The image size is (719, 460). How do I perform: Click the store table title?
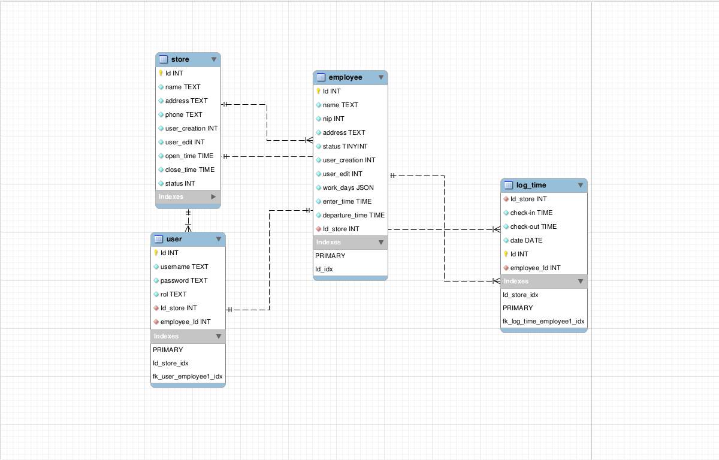tap(180, 59)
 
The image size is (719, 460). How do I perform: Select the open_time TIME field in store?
tap(189, 156)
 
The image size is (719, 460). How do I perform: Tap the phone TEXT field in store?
tap(183, 114)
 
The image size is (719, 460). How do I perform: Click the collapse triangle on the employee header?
tap(381, 77)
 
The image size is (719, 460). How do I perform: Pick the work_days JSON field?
tap(348, 187)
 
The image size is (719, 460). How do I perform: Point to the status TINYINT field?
tap(345, 146)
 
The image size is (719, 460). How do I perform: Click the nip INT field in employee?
tap(333, 119)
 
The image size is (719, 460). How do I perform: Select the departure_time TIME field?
tap(354, 215)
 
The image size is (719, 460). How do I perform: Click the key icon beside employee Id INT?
tap(319, 91)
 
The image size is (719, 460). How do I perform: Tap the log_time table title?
tap(531, 185)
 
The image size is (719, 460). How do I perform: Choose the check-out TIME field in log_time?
tap(533, 226)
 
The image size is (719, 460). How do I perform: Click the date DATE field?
tap(526, 240)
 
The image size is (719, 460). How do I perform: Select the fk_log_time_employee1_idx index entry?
tap(543, 322)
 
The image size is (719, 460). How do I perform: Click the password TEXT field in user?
tap(183, 280)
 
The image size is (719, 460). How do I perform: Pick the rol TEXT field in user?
tap(173, 294)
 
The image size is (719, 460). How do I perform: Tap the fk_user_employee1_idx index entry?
tap(188, 377)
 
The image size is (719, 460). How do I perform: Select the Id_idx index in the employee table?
tap(324, 270)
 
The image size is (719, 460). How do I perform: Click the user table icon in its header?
tap(159, 239)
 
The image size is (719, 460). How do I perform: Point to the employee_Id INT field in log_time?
tap(535, 268)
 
